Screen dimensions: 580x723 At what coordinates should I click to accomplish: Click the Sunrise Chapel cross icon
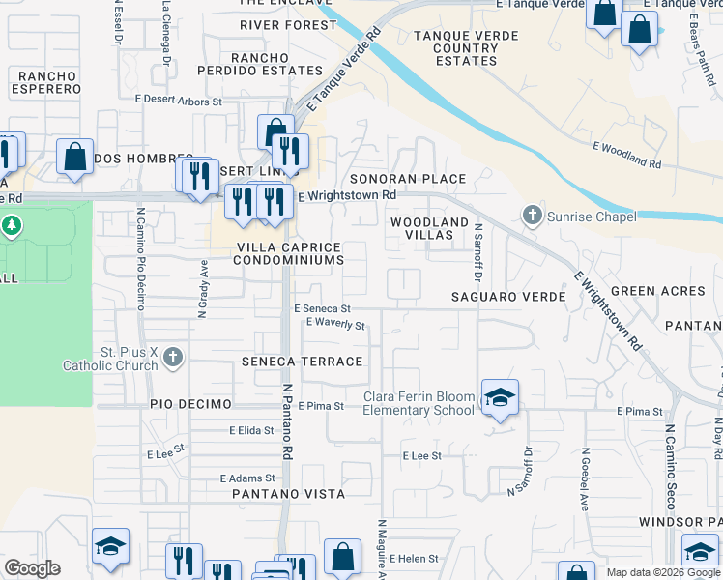532,216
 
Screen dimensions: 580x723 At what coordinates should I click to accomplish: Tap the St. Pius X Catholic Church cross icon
172,359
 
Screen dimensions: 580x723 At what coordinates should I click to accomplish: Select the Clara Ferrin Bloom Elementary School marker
500,397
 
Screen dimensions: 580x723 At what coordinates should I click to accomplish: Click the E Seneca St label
322,308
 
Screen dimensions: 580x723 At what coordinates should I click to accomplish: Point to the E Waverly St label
335,325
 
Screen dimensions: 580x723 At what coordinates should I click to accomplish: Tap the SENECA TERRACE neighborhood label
303,362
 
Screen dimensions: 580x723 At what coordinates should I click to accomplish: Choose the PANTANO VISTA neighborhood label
288,494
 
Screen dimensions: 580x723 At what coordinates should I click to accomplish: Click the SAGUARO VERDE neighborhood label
508,297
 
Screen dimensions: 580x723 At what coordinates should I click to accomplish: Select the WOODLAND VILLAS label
429,229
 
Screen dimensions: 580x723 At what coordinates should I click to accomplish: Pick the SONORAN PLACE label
407,179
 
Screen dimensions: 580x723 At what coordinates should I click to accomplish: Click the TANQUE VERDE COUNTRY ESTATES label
452,48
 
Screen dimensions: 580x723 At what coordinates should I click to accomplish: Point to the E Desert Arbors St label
179,101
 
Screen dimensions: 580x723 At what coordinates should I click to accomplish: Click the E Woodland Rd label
626,156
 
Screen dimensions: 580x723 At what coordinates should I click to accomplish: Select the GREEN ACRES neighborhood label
657,291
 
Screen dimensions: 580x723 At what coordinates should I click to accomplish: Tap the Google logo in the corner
32,567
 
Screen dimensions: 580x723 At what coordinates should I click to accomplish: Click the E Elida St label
251,430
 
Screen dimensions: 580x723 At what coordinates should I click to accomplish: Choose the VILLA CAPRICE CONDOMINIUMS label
290,254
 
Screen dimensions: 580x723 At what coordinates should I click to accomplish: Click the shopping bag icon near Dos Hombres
74,157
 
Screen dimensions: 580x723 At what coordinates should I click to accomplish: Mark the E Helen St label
414,559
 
